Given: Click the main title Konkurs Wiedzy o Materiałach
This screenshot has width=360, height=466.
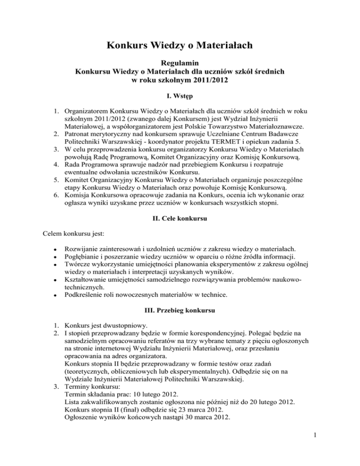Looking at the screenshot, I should (x=180, y=45).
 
